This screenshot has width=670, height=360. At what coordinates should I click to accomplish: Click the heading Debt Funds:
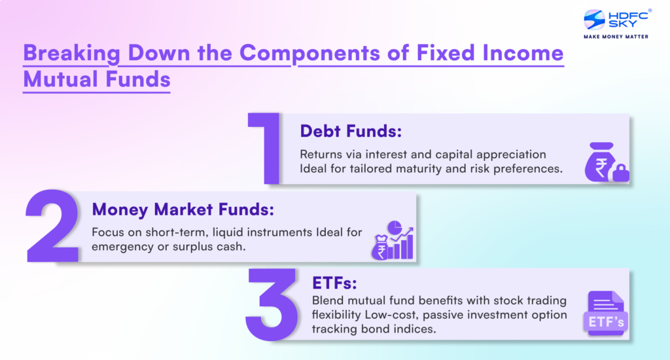pyautogui.click(x=350, y=131)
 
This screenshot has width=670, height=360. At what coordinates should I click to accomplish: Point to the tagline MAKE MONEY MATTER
pyautogui.click(x=607, y=37)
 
